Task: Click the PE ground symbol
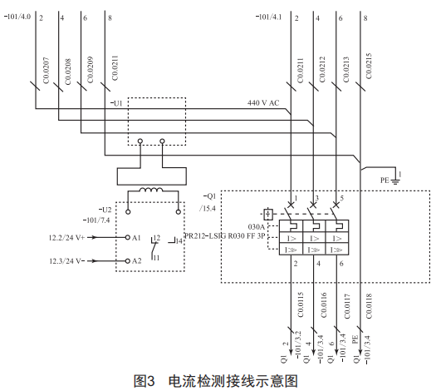point(395,182)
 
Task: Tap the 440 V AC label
point(263,103)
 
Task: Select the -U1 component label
point(116,103)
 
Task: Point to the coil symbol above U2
point(151,190)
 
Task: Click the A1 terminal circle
point(128,238)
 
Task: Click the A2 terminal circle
point(128,261)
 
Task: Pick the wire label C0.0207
point(47,70)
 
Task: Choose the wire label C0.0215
point(369,67)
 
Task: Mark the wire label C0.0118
point(369,306)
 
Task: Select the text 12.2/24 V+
point(66,238)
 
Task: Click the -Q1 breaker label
point(209,196)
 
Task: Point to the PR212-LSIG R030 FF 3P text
point(225,236)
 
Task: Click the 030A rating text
point(257,226)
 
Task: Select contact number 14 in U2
point(179,241)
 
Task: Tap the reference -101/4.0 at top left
point(17,17)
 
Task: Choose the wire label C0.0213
point(346,70)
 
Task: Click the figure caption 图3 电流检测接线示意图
point(216,381)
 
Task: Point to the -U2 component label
point(105,210)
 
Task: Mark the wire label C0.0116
point(323,305)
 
